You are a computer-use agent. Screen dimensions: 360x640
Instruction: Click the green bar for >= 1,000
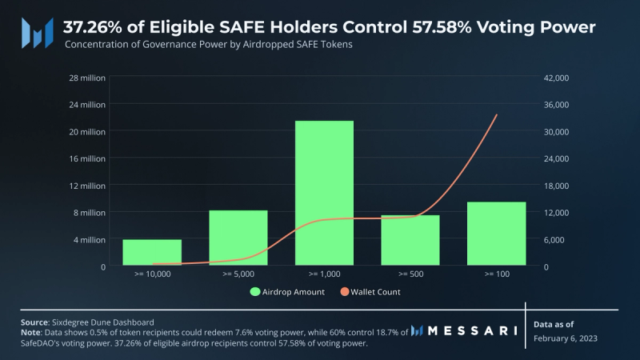coord(324,193)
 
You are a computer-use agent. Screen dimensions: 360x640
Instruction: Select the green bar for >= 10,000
coord(152,252)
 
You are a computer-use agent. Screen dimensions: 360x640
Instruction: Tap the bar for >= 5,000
coord(238,238)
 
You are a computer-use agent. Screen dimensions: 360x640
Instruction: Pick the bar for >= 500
coord(410,240)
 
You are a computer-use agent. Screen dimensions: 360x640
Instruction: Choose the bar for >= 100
coord(496,234)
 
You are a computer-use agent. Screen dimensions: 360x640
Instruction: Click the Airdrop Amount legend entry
coord(287,292)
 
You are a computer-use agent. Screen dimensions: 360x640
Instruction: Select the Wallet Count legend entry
coord(370,292)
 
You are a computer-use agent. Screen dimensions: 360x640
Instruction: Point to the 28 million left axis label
coord(86,78)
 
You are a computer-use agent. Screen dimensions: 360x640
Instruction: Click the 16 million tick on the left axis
coord(86,158)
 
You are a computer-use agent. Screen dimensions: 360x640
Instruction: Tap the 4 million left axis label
coord(89,239)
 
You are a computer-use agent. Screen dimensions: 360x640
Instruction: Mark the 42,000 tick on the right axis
coord(557,78)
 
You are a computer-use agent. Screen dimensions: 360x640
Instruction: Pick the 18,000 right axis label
coord(557,186)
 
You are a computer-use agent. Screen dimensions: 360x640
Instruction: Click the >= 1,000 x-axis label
coord(324,274)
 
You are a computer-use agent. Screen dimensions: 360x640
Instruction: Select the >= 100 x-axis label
coord(496,274)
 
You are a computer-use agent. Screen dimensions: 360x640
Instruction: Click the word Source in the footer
coord(35,321)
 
